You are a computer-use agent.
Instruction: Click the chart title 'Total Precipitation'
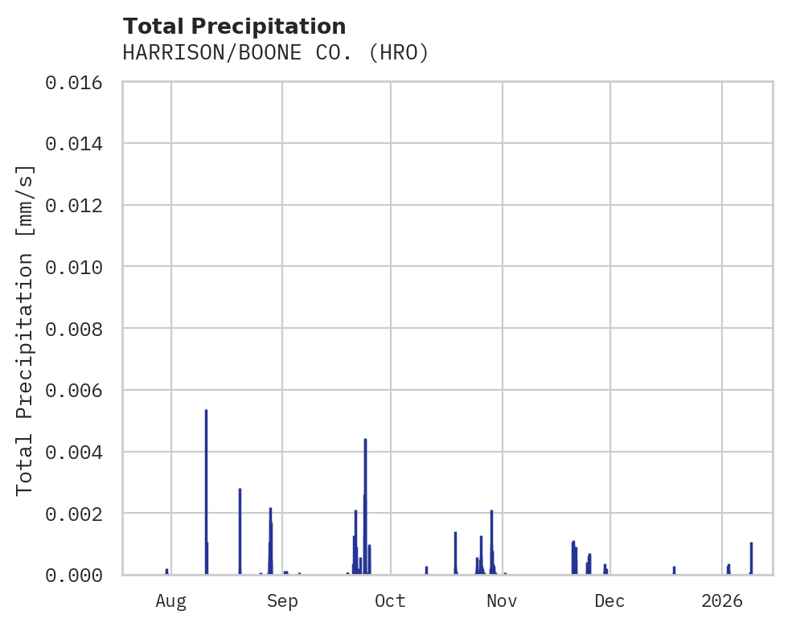click(x=234, y=27)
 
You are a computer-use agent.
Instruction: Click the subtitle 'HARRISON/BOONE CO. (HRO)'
click(x=276, y=53)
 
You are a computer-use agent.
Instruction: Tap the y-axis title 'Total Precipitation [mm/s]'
click(x=26, y=329)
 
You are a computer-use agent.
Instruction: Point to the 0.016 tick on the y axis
click(x=79, y=82)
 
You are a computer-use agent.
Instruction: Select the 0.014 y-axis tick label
click(x=79, y=144)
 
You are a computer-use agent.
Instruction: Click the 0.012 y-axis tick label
click(x=79, y=205)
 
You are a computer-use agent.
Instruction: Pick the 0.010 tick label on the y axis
click(x=79, y=267)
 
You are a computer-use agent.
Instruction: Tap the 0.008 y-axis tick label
click(x=79, y=329)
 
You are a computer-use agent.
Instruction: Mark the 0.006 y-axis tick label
click(x=79, y=390)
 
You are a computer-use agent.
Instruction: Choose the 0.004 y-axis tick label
click(x=79, y=452)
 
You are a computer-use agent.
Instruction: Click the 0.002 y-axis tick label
click(x=79, y=513)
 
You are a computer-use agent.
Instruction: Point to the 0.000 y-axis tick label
click(x=79, y=575)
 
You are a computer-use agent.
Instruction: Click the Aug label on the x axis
click(x=171, y=601)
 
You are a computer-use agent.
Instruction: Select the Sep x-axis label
click(x=282, y=601)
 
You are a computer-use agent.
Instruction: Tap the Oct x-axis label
click(x=391, y=601)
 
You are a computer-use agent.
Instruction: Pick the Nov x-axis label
click(x=502, y=601)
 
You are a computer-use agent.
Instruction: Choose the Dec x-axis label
click(x=610, y=601)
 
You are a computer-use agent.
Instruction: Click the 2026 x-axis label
click(x=722, y=601)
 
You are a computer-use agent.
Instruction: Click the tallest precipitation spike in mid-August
click(x=206, y=482)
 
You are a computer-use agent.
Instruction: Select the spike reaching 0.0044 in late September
click(x=365, y=498)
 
